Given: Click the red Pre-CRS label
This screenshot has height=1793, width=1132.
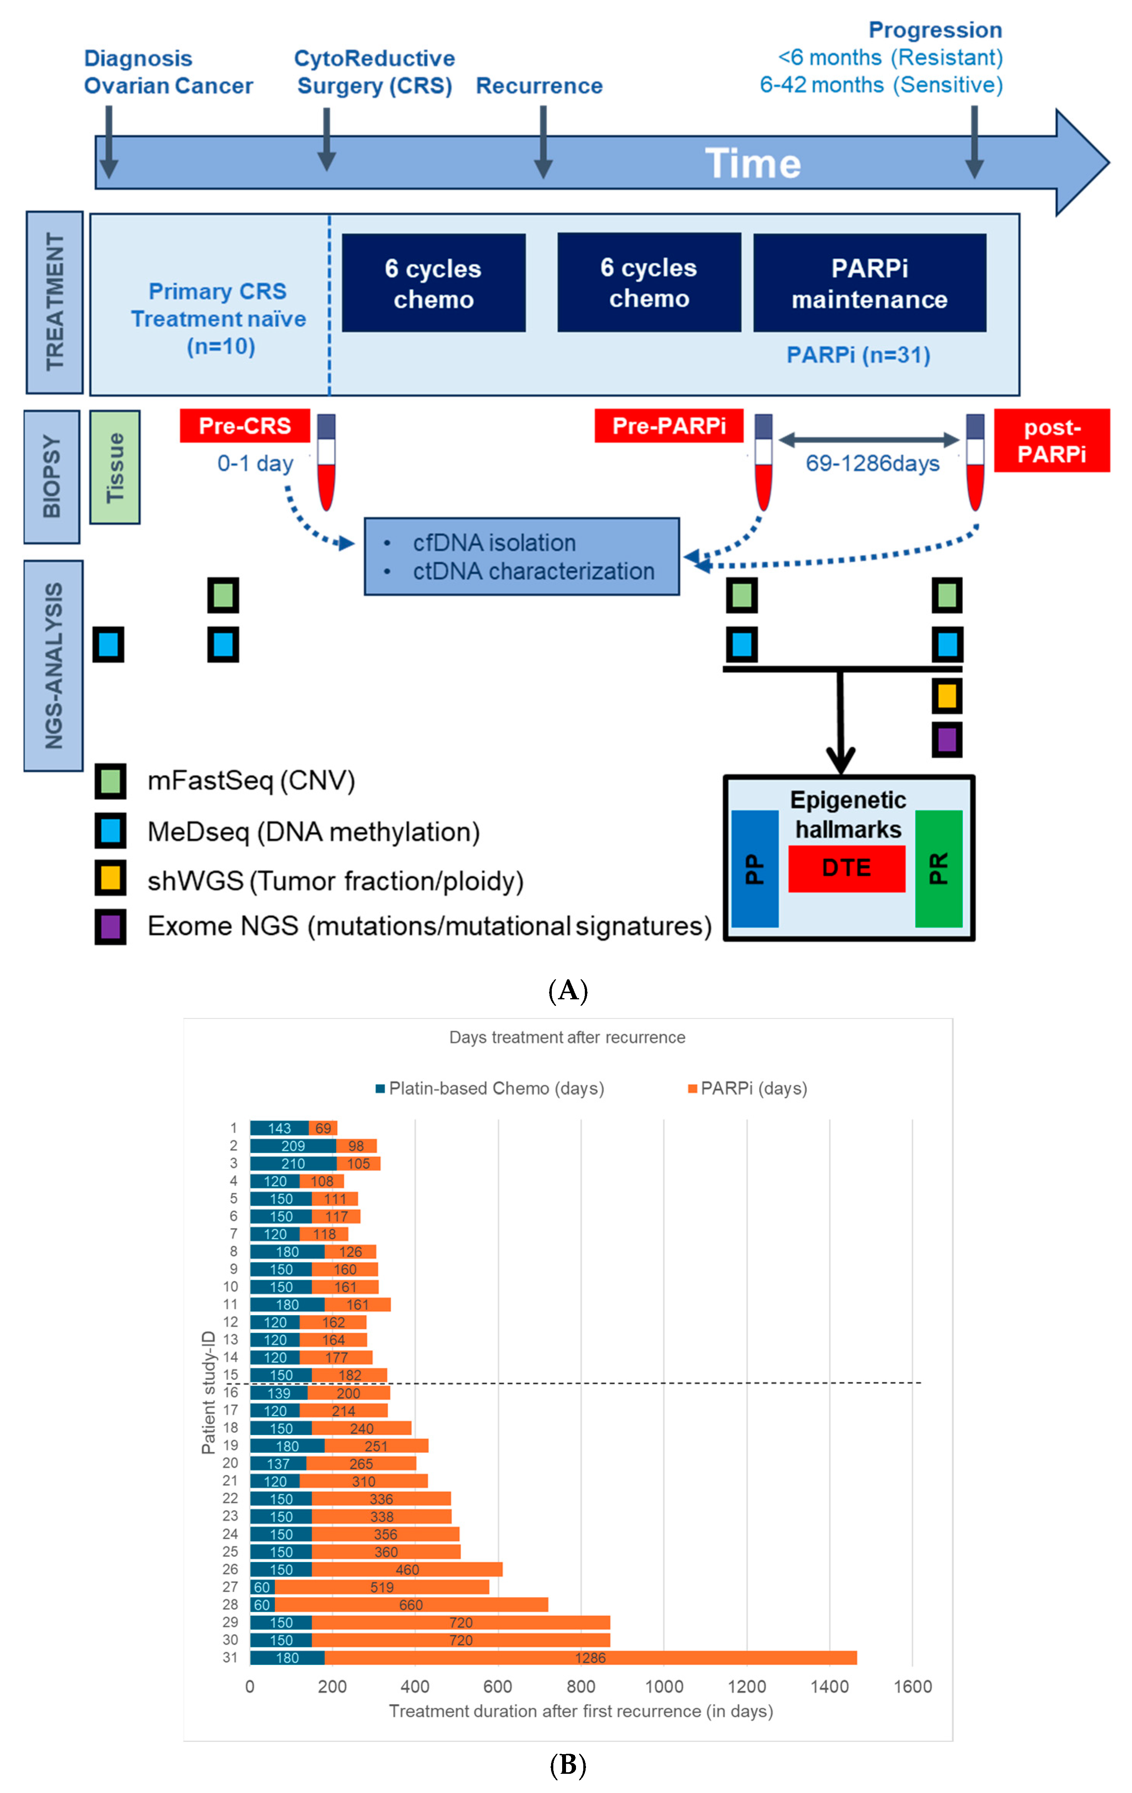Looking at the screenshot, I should point(245,426).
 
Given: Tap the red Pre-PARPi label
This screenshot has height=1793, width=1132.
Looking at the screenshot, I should point(668,426).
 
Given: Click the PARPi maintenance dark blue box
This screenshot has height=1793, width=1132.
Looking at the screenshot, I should point(869,283).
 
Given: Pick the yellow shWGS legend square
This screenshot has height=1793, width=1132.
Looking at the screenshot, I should point(110,879).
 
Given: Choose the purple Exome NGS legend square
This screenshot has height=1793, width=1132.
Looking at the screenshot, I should point(110,926).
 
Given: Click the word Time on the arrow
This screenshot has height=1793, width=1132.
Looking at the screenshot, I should point(752,163).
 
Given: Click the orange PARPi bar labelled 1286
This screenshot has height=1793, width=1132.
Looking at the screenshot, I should point(590,1657).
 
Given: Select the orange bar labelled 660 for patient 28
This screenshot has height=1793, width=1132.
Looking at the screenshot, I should point(411,1605).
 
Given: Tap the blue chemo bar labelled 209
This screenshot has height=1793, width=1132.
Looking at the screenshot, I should point(292,1146).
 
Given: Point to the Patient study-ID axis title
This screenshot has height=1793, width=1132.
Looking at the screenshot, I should point(208,1393).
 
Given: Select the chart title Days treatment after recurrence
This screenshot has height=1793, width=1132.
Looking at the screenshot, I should point(567,1037).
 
